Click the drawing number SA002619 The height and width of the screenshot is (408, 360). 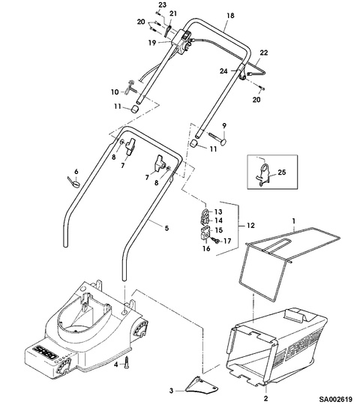336,399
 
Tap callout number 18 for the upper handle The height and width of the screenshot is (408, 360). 230,16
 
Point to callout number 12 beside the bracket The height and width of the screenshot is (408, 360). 250,225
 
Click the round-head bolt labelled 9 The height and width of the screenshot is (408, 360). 218,139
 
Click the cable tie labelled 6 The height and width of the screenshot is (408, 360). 73,181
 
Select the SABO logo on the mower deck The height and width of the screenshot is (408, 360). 46,352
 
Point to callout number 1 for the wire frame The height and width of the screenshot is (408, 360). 294,221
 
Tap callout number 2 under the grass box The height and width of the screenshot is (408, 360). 265,398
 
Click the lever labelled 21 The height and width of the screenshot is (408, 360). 168,30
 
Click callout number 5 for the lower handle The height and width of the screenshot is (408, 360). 166,228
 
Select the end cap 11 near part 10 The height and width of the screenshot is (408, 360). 134,109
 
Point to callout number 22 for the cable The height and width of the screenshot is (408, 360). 264,52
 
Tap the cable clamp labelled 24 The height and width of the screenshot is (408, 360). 243,73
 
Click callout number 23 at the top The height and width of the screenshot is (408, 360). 162,4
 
